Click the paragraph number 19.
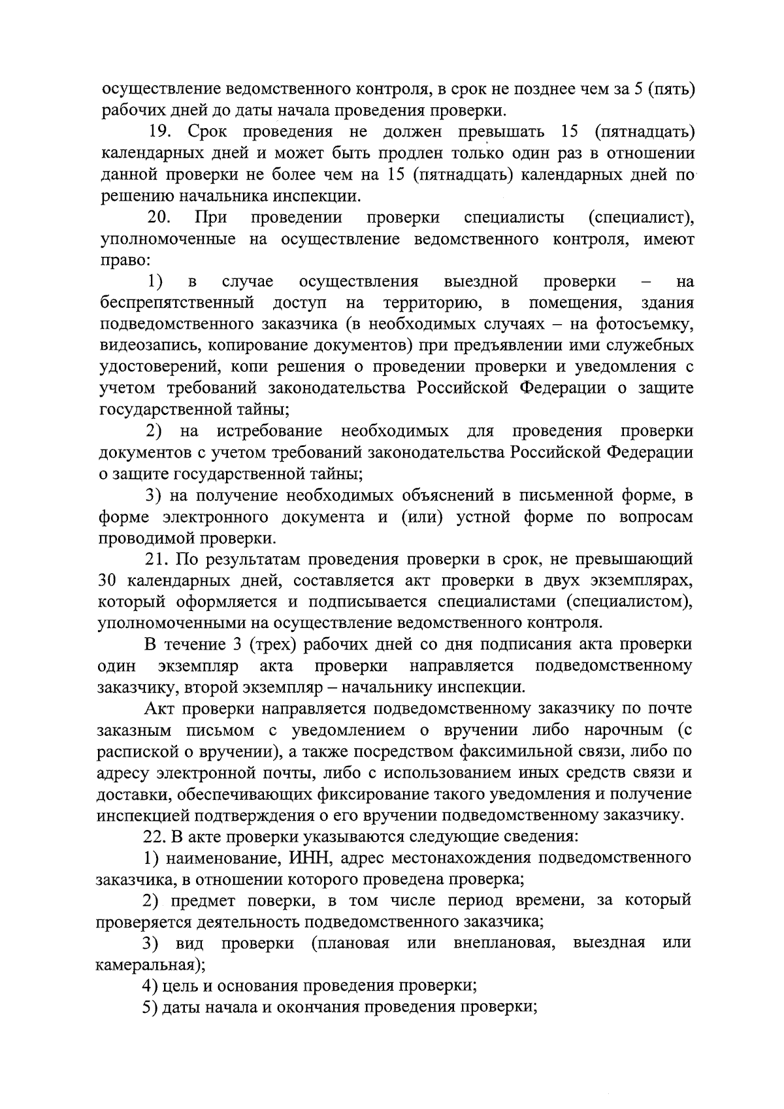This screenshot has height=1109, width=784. pyautogui.click(x=160, y=131)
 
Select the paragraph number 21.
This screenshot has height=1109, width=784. pyautogui.click(x=157, y=559)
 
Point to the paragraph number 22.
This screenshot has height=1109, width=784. pyautogui.click(x=156, y=836)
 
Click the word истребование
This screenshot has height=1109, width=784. pyautogui.click(x=269, y=431)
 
